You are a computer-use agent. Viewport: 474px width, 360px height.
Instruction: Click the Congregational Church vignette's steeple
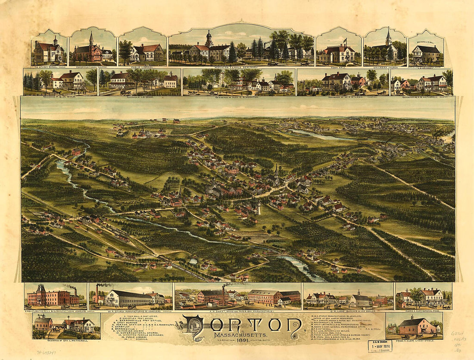coord(91,39)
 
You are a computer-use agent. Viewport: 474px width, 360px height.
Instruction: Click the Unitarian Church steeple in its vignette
coord(388,36)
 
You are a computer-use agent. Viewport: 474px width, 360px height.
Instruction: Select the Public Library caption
coord(142,67)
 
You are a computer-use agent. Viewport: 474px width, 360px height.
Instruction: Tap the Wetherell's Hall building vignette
coord(426,53)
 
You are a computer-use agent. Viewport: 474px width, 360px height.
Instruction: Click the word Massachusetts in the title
coord(241,335)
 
